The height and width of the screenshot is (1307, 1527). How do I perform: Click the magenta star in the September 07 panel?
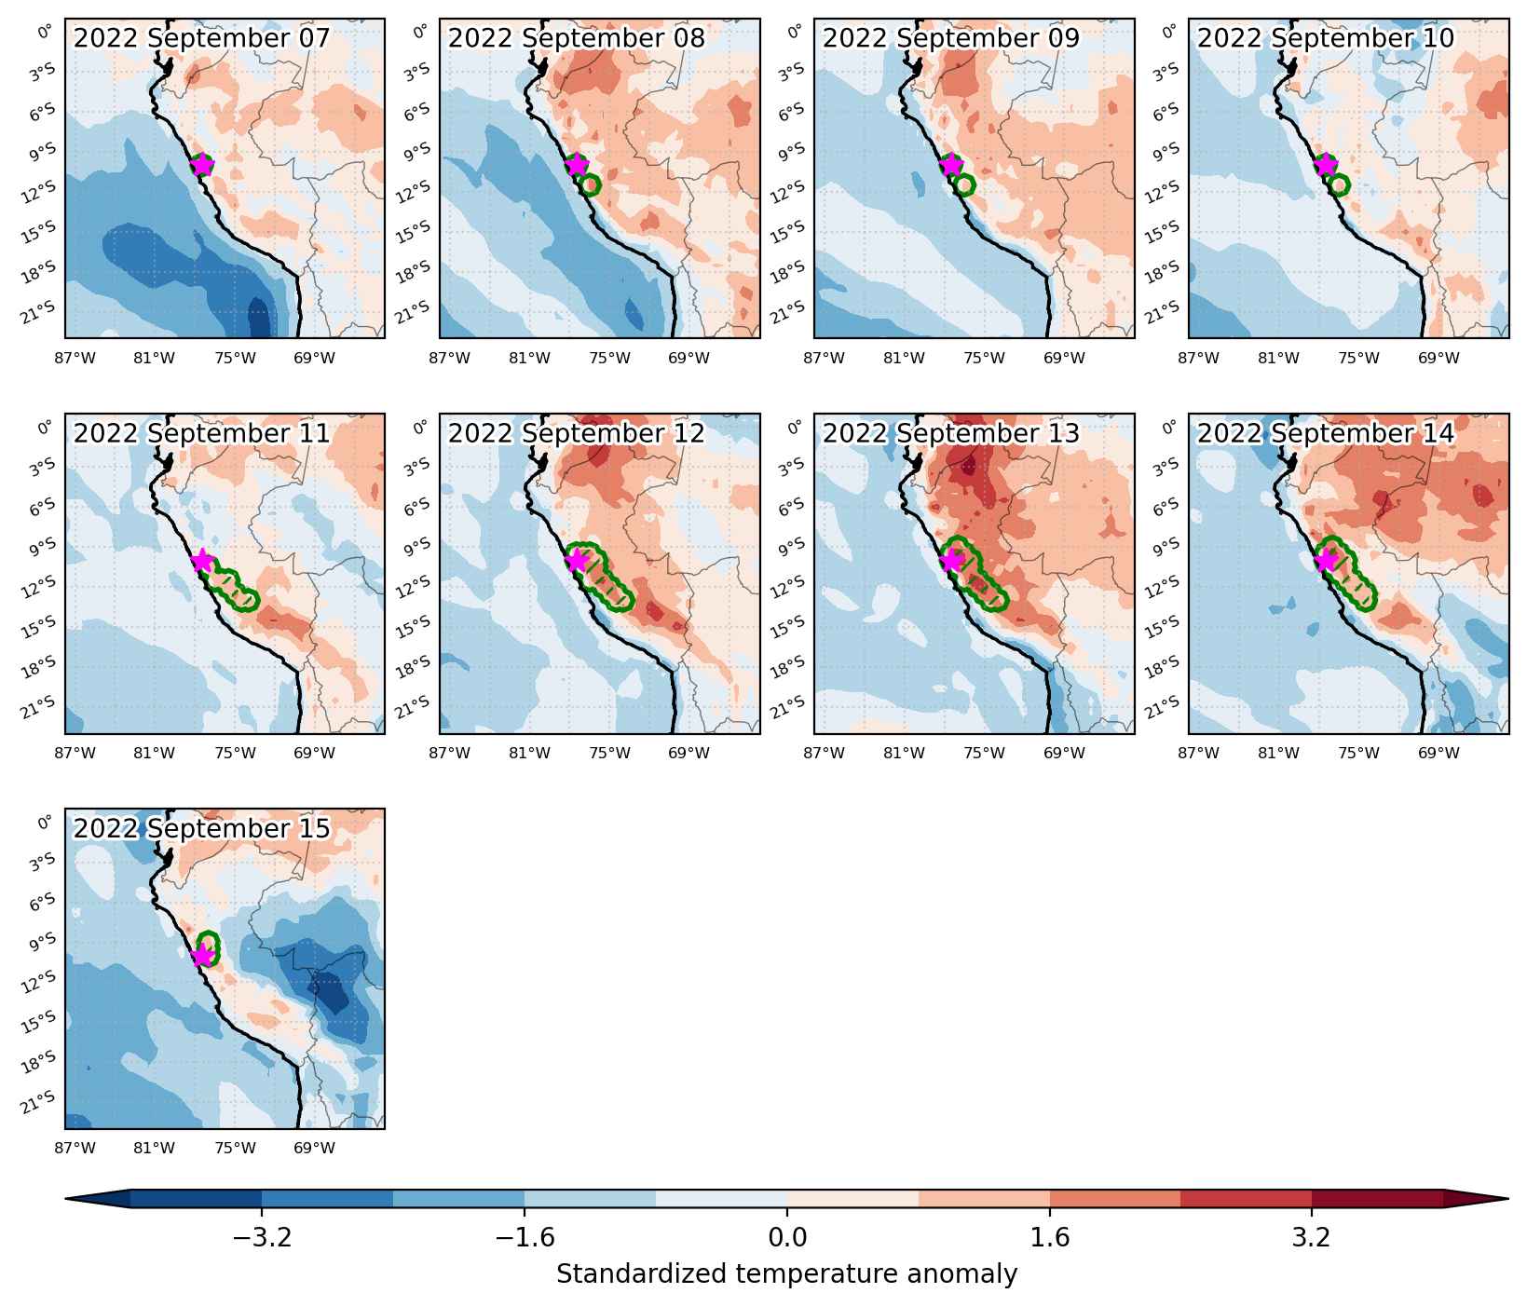point(202,165)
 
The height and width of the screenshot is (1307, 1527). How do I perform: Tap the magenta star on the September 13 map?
point(951,561)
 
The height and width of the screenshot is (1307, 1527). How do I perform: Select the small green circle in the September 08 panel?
point(590,184)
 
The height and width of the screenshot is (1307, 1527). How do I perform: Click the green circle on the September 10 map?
point(1339,184)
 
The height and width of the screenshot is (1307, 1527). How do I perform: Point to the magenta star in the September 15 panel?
point(202,956)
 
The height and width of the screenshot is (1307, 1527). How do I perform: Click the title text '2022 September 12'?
point(577,434)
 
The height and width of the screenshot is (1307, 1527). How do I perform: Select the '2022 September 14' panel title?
point(1326,434)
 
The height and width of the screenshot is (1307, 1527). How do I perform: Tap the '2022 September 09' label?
point(951,38)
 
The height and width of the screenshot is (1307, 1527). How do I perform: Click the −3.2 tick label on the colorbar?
point(262,1238)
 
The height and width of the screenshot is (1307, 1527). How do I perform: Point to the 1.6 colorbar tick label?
point(1050,1238)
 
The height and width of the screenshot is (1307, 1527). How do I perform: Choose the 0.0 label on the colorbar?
point(787,1238)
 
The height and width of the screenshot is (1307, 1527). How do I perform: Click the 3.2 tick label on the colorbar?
point(1312,1238)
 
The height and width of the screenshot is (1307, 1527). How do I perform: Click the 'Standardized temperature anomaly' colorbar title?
point(787,1273)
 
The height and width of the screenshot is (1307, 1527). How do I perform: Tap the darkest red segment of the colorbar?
point(1378,1199)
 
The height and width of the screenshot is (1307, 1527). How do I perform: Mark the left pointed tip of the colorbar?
point(66,1199)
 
